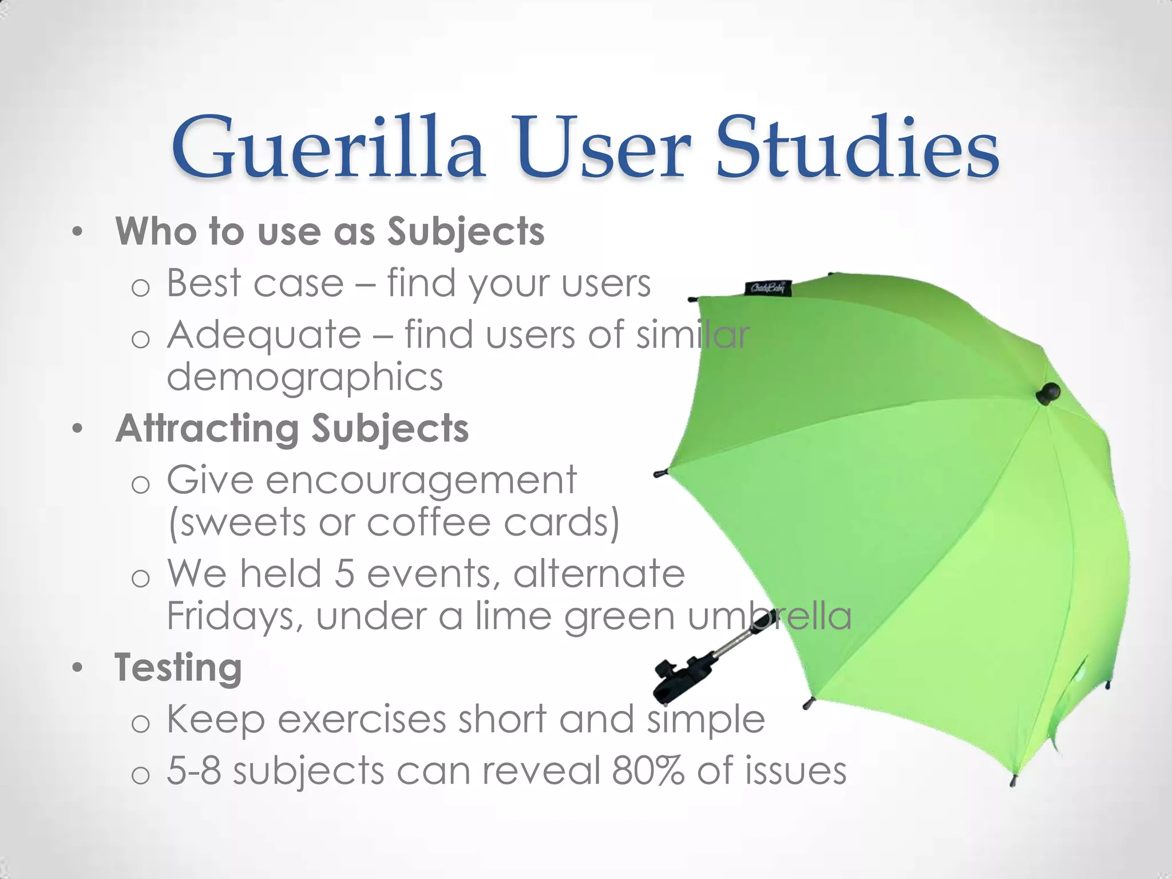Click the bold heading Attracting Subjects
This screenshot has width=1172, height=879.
[x=292, y=429]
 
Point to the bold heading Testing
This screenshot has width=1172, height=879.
[x=178, y=667]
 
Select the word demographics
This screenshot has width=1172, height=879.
[x=304, y=378]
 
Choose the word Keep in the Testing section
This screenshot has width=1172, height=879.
[x=216, y=720]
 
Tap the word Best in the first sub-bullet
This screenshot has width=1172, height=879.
[x=204, y=283]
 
